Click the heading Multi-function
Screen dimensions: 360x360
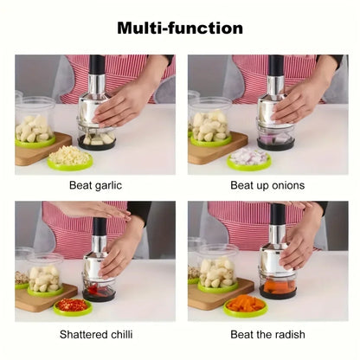click(180, 29)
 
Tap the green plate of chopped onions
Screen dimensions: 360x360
click(250, 158)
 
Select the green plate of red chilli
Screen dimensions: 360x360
click(73, 305)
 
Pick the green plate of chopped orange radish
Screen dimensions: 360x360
click(245, 305)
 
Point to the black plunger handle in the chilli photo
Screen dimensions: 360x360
click(100, 227)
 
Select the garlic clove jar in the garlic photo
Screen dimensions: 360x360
click(35, 122)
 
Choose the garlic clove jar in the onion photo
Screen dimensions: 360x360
click(210, 122)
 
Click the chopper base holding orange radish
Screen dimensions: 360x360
click(279, 286)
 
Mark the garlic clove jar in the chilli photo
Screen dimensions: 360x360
click(45, 274)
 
